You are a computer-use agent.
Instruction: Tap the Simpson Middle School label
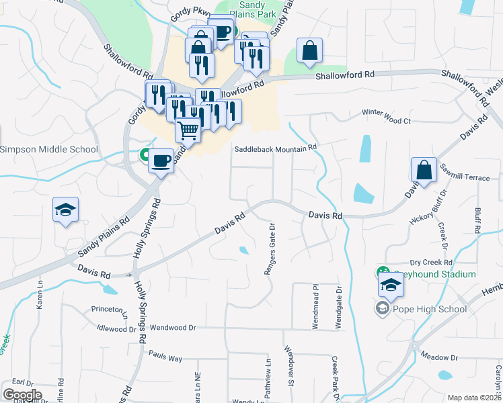click(48, 149)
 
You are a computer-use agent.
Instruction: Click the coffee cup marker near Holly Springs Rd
click(161, 161)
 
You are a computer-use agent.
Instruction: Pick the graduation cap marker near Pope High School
click(391, 285)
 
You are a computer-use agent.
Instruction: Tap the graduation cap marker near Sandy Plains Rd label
click(66, 210)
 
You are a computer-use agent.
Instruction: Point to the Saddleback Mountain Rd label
click(275, 148)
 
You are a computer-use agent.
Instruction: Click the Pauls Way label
click(165, 357)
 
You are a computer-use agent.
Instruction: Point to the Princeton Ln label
click(110, 310)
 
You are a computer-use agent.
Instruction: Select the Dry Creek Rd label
click(432, 263)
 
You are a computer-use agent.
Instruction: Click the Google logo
click(22, 394)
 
